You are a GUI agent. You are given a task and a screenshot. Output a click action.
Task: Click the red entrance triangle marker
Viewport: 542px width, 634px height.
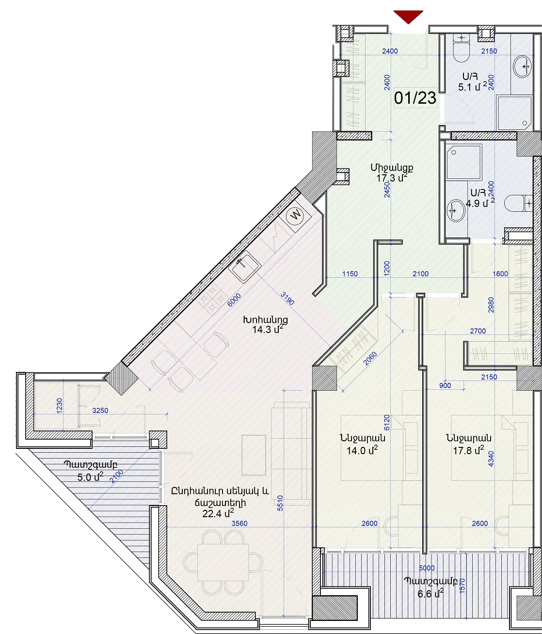[408, 16]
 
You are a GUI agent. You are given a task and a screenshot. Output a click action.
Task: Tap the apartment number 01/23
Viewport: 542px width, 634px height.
[415, 98]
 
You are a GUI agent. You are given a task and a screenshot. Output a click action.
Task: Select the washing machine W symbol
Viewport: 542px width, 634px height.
[295, 215]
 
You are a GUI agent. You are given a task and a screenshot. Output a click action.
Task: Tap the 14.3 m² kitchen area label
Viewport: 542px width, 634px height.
[267, 330]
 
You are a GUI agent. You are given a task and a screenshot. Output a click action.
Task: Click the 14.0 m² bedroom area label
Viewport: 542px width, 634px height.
[362, 450]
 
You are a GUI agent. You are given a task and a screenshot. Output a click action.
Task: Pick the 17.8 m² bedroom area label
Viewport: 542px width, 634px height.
[469, 450]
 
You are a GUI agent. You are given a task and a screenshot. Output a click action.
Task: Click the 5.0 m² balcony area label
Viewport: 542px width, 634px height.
[90, 477]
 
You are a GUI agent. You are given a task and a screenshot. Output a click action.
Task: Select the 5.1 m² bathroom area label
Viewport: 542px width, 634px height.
[472, 87]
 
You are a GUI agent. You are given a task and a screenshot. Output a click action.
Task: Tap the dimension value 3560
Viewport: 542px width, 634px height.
[239, 523]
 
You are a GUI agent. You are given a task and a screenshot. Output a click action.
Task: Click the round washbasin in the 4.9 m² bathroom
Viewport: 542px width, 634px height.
[456, 210]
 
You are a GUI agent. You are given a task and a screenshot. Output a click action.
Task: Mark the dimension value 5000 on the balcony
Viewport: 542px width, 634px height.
[427, 568]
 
